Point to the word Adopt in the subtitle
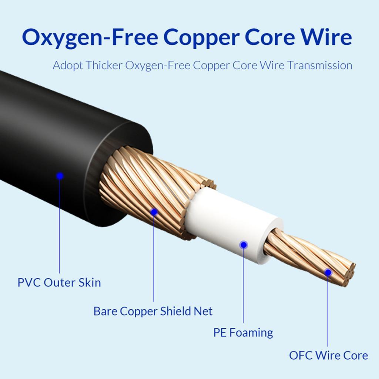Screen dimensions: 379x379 pos(67,66)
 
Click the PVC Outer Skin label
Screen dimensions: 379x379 pos(59,283)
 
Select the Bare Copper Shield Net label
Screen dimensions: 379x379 pos(153,311)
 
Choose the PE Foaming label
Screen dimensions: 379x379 pos(243,332)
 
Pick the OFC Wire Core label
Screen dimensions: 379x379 pos(328,356)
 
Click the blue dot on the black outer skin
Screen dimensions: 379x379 pos(60,176)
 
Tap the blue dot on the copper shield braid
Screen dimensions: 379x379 pos(154,212)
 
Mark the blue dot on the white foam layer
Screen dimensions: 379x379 pos(244,245)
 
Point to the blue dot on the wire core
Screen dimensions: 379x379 pos(328,273)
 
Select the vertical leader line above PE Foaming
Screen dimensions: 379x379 pos(244,285)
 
